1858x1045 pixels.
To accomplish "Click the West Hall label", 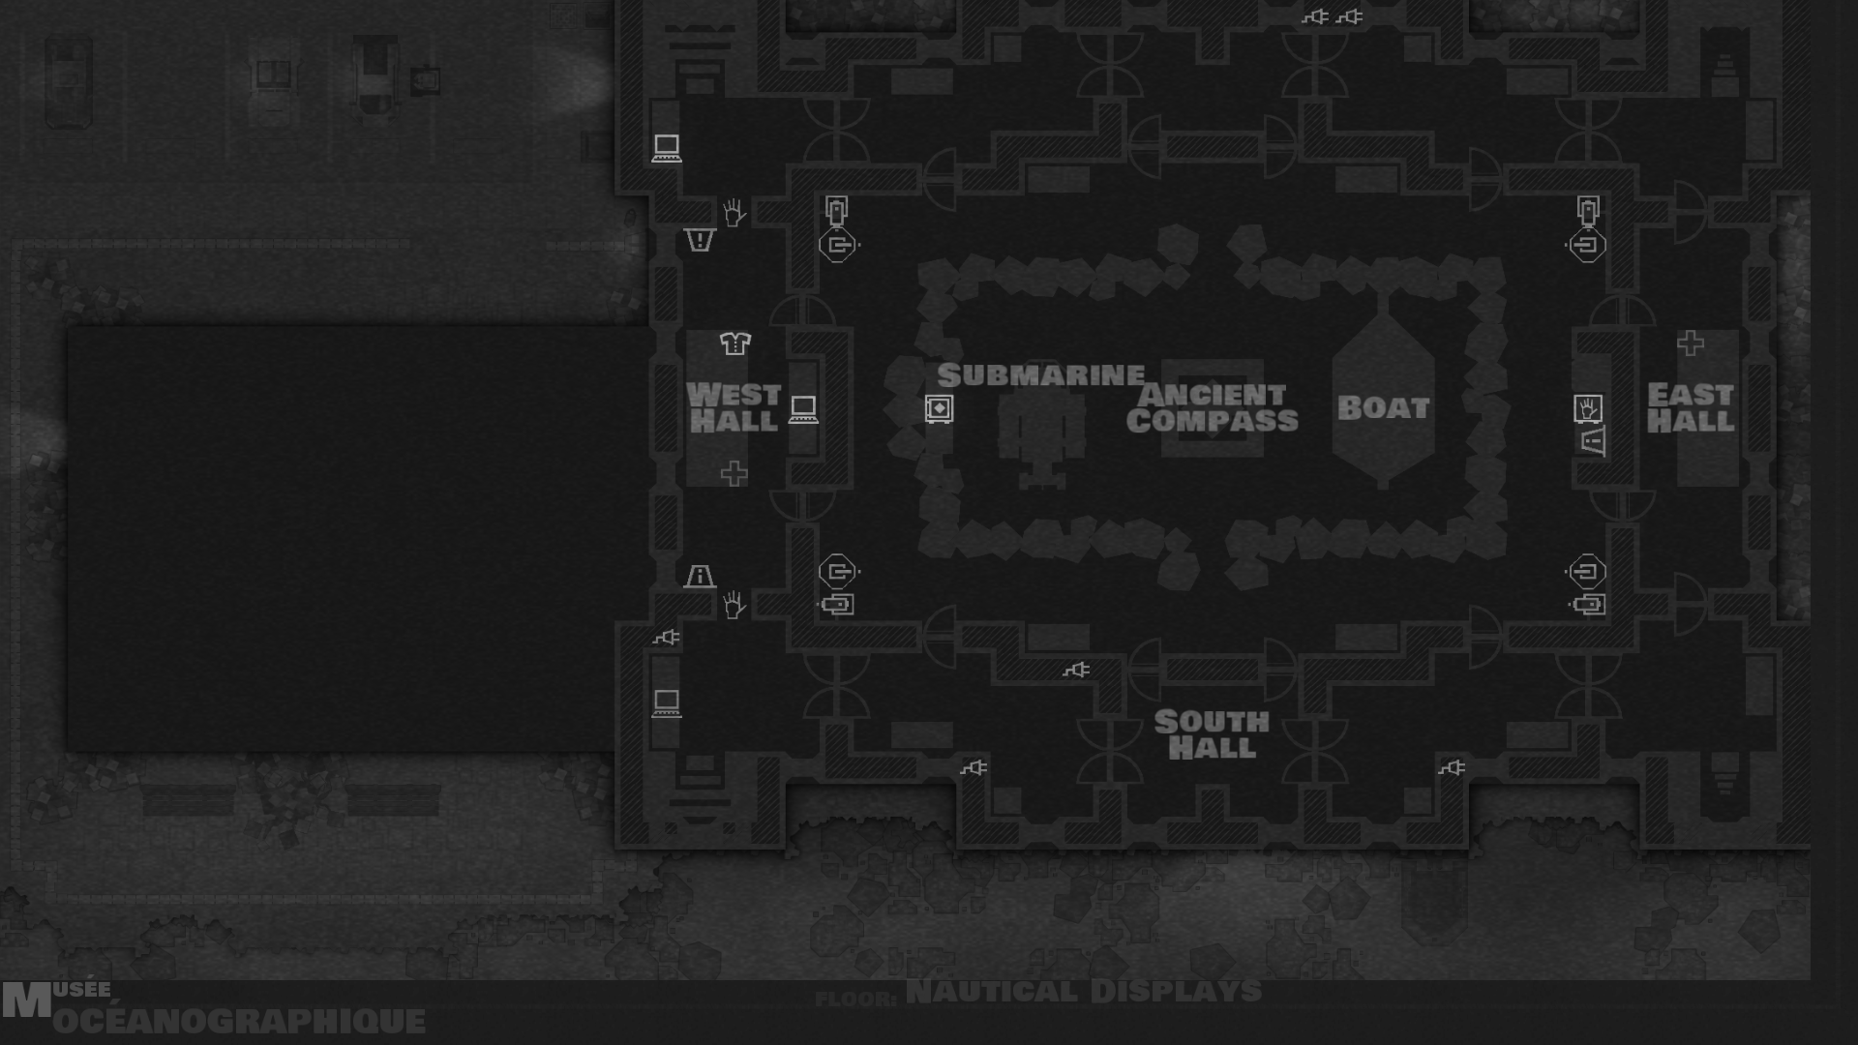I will click(x=734, y=407).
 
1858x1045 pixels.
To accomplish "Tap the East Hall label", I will click(x=1690, y=407).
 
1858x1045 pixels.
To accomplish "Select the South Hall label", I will click(x=1211, y=734).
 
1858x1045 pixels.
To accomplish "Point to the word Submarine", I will click(x=1040, y=375).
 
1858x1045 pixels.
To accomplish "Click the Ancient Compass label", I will click(x=1212, y=407).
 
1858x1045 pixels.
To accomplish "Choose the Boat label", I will click(x=1383, y=407).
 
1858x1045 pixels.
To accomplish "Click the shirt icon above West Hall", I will click(x=734, y=343).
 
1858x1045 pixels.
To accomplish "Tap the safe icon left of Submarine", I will click(x=939, y=408).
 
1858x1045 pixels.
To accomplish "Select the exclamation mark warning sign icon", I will click(x=700, y=240).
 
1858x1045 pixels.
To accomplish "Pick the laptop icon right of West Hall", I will click(x=803, y=409).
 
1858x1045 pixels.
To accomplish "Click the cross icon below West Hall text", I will click(x=734, y=473).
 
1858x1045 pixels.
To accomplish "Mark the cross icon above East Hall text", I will click(x=1691, y=343).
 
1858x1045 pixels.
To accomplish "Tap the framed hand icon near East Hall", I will click(x=1588, y=408).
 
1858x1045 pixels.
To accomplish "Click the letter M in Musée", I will click(x=26, y=1001).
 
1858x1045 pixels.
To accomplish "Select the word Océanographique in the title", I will click(x=239, y=1021).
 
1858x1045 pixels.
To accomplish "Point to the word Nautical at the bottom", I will click(x=991, y=992).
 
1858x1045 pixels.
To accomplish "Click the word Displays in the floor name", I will click(x=1176, y=992).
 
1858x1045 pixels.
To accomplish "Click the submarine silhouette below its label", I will click(x=1041, y=440).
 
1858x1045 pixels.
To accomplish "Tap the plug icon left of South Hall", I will click(x=1076, y=670).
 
